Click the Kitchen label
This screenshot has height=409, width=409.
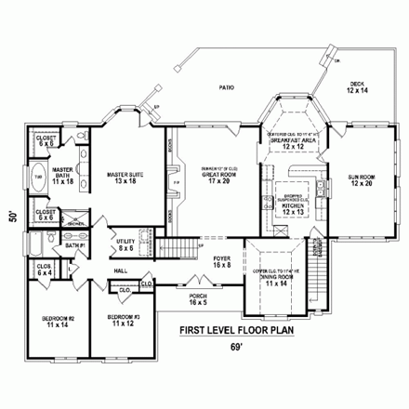point(294,209)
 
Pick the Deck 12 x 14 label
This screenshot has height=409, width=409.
point(357,87)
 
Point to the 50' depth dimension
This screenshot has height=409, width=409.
point(11,216)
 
